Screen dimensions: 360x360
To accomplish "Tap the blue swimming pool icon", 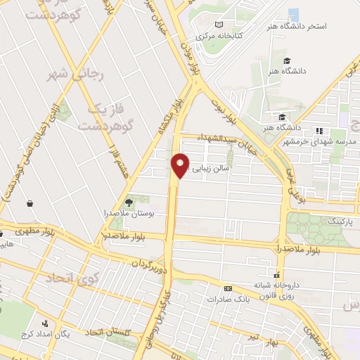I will coord(294,14).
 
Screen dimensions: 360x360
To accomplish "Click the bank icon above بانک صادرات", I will coord(228,288).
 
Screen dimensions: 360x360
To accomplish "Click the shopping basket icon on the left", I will coord(30,204).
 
